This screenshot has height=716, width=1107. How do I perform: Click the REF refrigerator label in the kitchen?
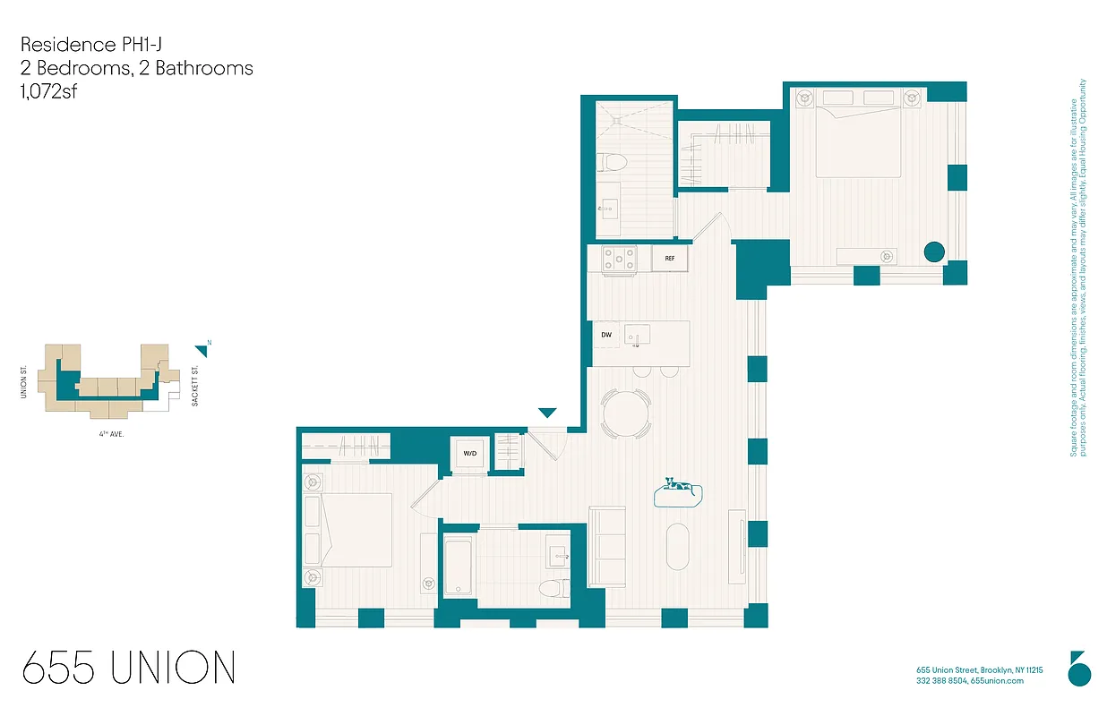(x=669, y=259)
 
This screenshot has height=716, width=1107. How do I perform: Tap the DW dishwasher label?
(x=606, y=335)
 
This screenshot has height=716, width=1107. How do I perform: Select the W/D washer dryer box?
(x=469, y=454)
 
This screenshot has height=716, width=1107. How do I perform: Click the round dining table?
(x=627, y=414)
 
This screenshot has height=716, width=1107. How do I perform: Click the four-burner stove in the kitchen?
(x=619, y=259)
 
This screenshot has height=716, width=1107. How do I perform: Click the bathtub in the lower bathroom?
(x=459, y=566)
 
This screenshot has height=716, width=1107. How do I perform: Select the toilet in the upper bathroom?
(x=614, y=163)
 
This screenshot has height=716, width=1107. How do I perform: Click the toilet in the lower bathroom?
(x=555, y=588)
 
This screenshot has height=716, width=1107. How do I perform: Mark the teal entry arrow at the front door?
(x=547, y=413)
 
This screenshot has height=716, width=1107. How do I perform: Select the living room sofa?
(x=606, y=547)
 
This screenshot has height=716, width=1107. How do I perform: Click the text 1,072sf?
(x=48, y=90)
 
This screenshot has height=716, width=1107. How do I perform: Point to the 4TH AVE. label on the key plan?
(x=111, y=433)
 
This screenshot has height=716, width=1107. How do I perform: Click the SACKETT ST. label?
(x=194, y=387)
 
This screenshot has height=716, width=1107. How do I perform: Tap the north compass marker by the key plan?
(x=202, y=350)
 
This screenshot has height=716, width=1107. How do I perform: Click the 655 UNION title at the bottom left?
(x=129, y=669)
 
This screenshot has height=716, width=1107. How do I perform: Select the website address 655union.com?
(x=997, y=681)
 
